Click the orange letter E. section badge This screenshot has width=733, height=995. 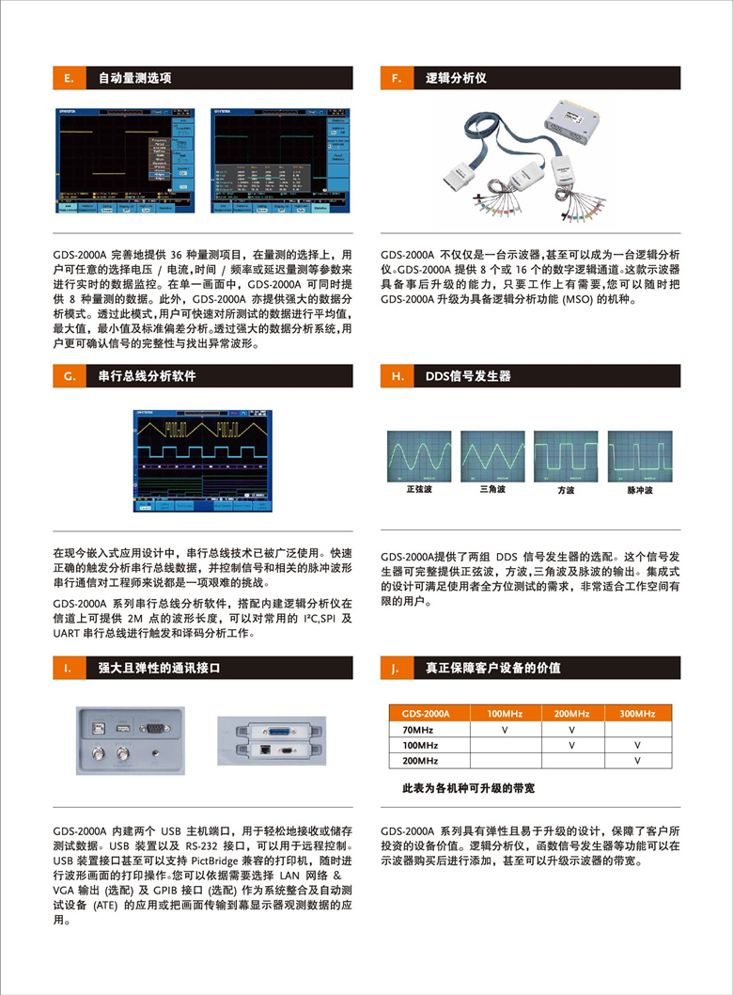pos(70,78)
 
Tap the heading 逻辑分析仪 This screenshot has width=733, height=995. pos(456,78)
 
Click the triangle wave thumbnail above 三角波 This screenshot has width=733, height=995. pos(491,456)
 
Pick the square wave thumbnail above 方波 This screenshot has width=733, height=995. pos(565,456)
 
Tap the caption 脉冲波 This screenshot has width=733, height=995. pos(639,490)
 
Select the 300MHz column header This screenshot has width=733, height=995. pos(637,714)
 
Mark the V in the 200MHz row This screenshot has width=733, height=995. pos(637,760)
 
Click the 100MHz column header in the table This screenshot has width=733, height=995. pos(506,714)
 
